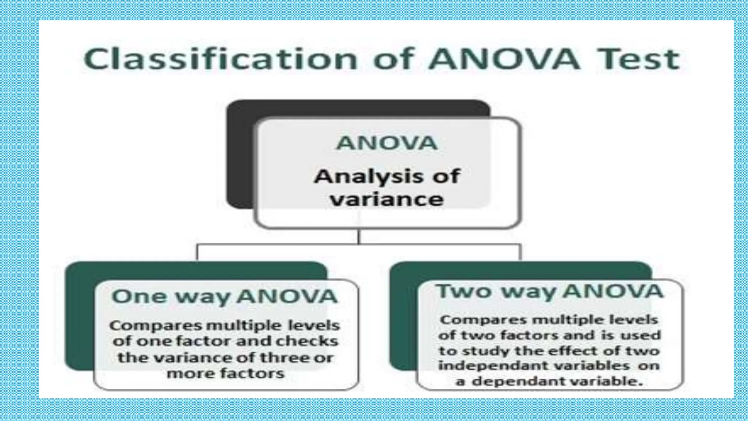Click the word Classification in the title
(220, 59)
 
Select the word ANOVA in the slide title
(504, 59)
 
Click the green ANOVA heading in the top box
(387, 143)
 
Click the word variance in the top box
(387, 200)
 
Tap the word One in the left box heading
(139, 296)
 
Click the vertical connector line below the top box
(359, 236)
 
